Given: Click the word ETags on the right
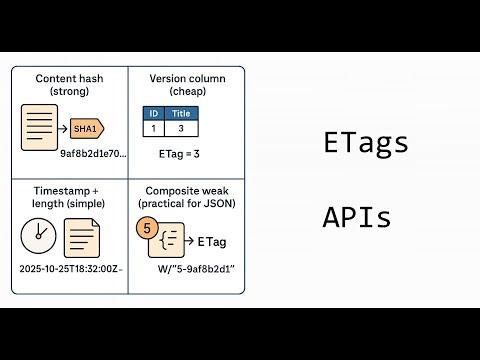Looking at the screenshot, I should pos(366,143).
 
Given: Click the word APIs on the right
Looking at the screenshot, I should pos(357,217).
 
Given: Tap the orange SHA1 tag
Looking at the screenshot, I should pos(85,128).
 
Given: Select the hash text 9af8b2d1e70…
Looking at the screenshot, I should pos(93,154).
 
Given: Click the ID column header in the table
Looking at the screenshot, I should pos(153,114).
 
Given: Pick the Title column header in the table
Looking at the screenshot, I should pos(181,114).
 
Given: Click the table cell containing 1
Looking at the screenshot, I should pos(153,129).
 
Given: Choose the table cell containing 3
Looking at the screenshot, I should pos(181,129).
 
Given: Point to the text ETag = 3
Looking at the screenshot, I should pos(179,155).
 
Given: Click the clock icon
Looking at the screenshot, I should pos(39,236).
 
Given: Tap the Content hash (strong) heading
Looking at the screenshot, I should pos(69,84).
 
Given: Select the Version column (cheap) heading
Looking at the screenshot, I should pos(186,84).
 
